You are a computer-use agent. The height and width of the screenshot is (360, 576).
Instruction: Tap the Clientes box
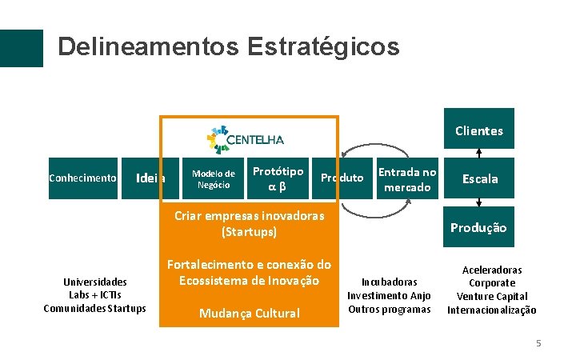click(479, 130)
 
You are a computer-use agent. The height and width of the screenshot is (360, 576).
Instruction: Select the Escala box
click(479, 179)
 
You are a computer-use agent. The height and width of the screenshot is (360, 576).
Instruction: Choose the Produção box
click(478, 228)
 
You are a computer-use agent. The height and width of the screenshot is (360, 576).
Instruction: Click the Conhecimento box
click(82, 178)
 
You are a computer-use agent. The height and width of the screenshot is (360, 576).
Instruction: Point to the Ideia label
click(151, 178)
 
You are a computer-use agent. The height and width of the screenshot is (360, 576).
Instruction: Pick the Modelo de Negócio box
click(214, 179)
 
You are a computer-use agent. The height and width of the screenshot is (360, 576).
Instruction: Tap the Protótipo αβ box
click(278, 179)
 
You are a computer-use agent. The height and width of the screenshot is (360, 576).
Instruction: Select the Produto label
click(342, 178)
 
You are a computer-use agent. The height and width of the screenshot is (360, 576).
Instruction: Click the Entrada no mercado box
click(407, 179)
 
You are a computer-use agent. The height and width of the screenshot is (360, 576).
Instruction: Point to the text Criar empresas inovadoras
click(249, 215)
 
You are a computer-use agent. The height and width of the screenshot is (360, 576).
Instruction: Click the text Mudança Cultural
click(249, 313)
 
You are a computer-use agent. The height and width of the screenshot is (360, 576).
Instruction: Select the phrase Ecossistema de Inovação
click(249, 281)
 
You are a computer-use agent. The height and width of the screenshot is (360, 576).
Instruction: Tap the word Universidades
click(95, 282)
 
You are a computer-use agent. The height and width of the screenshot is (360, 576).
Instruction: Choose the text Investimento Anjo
click(389, 296)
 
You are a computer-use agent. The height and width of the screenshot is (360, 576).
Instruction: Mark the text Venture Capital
click(492, 297)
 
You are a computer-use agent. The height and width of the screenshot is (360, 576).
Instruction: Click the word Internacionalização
click(492, 310)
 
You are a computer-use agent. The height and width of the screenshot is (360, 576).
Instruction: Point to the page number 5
click(538, 343)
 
